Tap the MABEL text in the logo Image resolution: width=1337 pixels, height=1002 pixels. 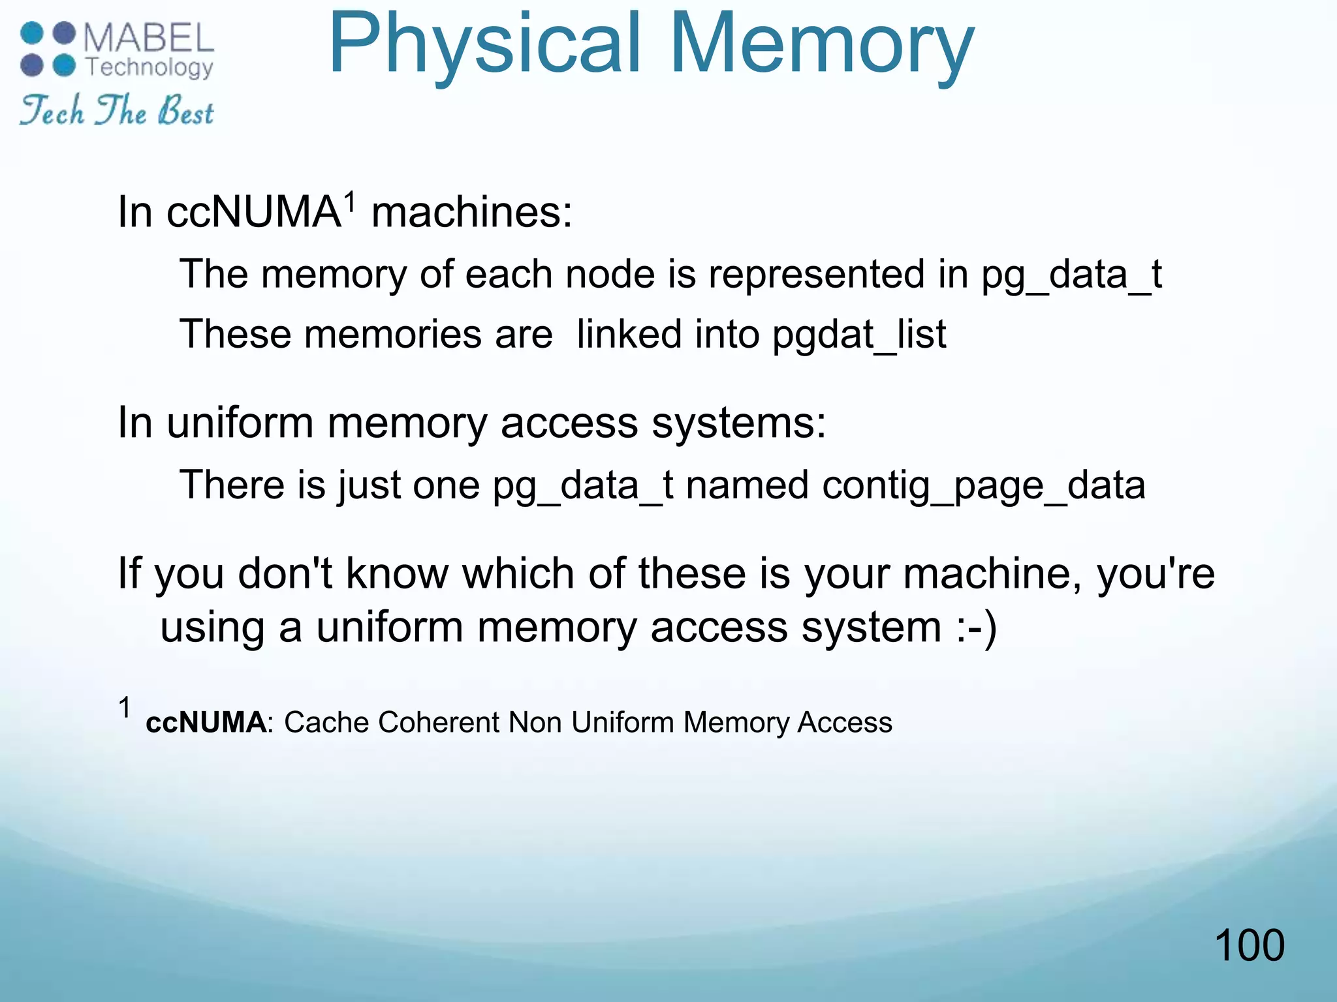tap(149, 38)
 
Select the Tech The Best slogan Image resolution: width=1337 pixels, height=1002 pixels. tap(116, 110)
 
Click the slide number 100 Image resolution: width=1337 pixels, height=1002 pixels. tap(1249, 945)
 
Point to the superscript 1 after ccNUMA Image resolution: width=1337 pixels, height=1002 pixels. tap(350, 201)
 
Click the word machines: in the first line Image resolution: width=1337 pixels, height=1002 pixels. tap(471, 213)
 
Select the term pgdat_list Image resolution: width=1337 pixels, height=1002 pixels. tap(859, 335)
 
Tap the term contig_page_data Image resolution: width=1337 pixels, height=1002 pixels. tap(983, 485)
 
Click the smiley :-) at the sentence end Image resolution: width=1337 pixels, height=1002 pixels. tap(977, 628)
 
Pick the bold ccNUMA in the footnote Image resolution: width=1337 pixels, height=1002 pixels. tap(206, 723)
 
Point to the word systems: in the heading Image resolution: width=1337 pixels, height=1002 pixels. tap(738, 423)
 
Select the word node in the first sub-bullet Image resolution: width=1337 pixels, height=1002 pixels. tap(610, 274)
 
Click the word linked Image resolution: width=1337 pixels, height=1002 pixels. tap(629, 335)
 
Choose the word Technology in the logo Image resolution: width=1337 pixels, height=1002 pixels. tap(149, 67)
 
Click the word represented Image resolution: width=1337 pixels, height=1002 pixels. tap(816, 274)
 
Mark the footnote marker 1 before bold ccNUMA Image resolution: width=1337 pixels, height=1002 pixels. tap(125, 708)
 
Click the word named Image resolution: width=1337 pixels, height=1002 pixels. tap(747, 485)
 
